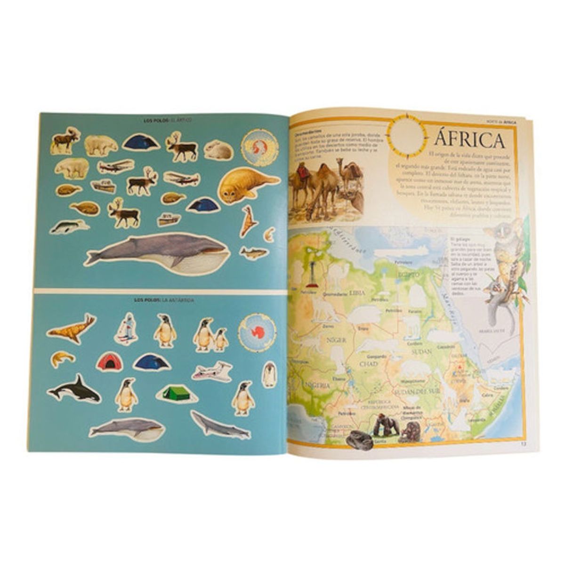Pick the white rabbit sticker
[218, 150]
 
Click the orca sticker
[74, 389]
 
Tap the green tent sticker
[176, 392]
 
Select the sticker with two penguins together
[210, 335]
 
